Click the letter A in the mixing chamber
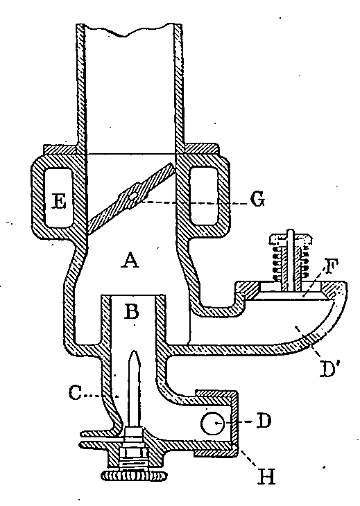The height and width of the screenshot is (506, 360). [130, 261]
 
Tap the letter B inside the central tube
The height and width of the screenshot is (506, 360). [132, 311]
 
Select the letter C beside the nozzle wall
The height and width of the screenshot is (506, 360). [75, 394]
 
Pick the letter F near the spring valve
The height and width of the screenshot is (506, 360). [329, 266]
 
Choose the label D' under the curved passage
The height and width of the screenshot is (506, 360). [329, 369]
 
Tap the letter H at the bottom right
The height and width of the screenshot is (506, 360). [266, 477]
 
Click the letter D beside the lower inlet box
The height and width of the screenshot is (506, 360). [264, 421]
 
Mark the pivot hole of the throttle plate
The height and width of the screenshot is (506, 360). [132, 196]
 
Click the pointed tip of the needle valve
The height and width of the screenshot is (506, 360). [135, 352]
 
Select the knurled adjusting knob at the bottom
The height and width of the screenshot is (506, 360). [135, 475]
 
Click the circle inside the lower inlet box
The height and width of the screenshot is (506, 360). [212, 423]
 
